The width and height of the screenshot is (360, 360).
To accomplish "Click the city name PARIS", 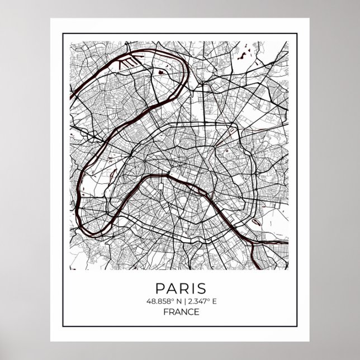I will pos(180,289).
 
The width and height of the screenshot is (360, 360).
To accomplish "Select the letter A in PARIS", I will pos(170,289).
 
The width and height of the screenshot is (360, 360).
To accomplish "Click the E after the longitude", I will pos(214,302).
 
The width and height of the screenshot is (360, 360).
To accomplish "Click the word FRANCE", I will pos(180,312).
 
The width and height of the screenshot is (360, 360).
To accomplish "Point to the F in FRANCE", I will pos(165,312).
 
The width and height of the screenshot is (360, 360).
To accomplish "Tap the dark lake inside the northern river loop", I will pos(162,72).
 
